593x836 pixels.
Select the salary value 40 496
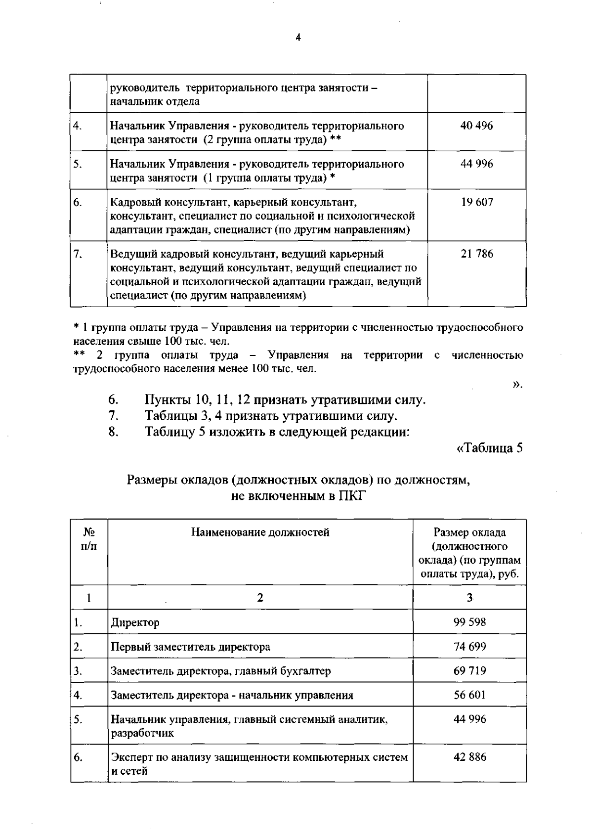pos(476,126)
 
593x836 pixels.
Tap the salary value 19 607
pos(476,202)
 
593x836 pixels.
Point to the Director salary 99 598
pos(469,622)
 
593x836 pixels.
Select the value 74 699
pos(469,646)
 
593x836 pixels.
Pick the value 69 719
pos(469,670)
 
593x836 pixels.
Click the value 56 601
pos(469,695)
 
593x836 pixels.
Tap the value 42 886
pos(469,757)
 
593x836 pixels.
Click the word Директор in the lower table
pos(135,622)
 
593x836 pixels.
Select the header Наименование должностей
pos(260,532)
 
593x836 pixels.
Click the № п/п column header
pos(89,539)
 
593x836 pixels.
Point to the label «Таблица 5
pos(489,448)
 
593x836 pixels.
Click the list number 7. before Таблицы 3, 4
pos(113,416)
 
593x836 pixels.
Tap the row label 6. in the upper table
pos(78,202)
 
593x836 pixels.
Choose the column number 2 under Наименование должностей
pos(260,598)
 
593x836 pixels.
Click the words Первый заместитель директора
pos(190,647)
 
